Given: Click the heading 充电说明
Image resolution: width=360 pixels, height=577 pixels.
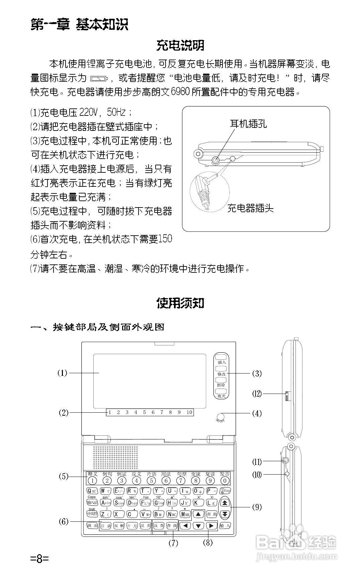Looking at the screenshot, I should click(180, 45).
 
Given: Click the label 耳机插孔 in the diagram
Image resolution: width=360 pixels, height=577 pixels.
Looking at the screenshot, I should click(248, 124).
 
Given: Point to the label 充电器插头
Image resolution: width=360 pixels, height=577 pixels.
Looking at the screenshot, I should click(251, 208).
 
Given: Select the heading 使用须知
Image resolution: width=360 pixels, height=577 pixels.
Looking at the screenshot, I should click(180, 303).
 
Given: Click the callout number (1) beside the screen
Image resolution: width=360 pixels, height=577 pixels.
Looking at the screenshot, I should click(62, 373).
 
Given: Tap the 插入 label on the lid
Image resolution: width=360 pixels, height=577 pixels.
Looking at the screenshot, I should click(221, 362).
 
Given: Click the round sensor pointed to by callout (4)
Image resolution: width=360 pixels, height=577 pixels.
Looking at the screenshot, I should click(220, 417).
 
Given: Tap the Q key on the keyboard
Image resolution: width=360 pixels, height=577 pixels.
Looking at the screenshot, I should click(92, 491).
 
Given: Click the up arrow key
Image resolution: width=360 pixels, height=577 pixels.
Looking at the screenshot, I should click(199, 514).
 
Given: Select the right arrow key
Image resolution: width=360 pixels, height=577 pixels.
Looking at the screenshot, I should click(211, 526).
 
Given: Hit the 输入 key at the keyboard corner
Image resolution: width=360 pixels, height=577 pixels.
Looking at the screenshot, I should click(225, 526).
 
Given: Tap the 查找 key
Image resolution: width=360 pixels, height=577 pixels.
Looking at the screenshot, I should click(172, 526).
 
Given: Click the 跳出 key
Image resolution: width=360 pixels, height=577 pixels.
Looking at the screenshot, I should click(92, 526).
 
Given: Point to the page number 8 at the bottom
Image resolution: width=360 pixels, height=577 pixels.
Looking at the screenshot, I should click(39, 558).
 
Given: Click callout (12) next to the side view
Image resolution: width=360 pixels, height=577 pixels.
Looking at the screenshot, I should click(257, 394).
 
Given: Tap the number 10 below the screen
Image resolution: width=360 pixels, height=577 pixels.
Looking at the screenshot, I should click(189, 412).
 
